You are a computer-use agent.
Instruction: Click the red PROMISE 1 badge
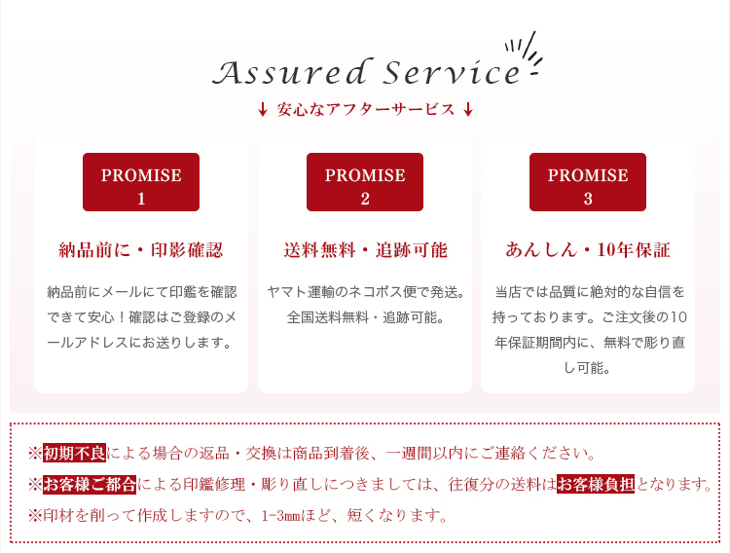click(x=141, y=182)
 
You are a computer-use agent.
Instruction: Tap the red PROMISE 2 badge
click(x=365, y=182)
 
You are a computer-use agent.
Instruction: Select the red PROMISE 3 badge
click(x=588, y=182)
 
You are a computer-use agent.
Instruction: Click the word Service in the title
click(x=452, y=72)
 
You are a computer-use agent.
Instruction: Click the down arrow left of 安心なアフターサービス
click(x=263, y=109)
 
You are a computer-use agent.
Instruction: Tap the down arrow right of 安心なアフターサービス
click(x=468, y=109)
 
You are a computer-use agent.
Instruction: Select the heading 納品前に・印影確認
click(x=141, y=250)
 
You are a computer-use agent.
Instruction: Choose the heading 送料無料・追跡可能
click(x=365, y=250)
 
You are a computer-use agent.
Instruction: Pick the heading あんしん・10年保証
click(x=588, y=250)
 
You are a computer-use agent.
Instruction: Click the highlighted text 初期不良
click(x=75, y=453)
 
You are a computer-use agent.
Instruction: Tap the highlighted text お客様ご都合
click(x=90, y=485)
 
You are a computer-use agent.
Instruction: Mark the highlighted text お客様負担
click(x=596, y=485)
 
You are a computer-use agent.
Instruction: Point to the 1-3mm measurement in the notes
click(x=280, y=516)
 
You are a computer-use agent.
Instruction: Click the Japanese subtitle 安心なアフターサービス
click(x=365, y=109)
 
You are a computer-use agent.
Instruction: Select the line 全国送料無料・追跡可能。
click(x=365, y=317)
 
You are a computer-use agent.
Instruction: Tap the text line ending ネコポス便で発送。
click(x=365, y=292)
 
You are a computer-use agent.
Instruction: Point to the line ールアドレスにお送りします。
click(x=139, y=343)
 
